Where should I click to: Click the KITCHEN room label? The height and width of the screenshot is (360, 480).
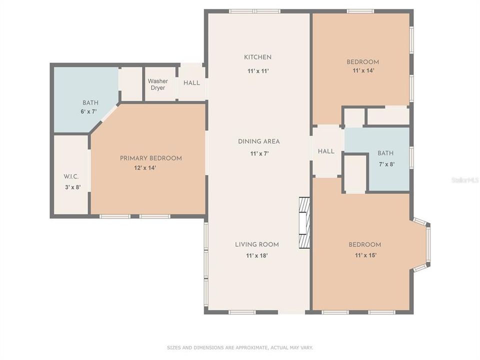click(257, 57)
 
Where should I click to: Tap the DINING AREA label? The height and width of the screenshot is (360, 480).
click(258, 141)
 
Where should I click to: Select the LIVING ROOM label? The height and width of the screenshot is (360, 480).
click(257, 244)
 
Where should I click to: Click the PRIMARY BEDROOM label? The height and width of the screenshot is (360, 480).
click(150, 158)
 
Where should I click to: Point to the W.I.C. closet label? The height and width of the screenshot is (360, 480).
click(71, 177)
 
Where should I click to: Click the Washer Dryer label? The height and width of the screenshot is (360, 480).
click(157, 84)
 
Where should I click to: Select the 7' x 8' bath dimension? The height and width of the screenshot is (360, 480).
click(385, 163)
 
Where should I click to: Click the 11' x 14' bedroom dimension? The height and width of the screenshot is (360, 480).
click(363, 71)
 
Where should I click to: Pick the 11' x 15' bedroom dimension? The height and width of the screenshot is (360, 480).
click(365, 255)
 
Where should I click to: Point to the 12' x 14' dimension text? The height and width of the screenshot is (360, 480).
click(145, 168)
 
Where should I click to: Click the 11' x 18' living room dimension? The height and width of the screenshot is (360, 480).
click(257, 255)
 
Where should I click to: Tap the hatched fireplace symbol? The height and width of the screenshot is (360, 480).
click(304, 222)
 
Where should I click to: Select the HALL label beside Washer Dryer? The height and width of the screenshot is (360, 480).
click(191, 83)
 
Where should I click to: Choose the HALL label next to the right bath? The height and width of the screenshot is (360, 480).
click(326, 151)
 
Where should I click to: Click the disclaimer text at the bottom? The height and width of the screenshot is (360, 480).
click(240, 347)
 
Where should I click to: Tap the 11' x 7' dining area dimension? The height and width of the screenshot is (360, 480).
click(259, 153)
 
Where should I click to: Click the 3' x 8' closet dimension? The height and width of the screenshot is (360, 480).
click(72, 187)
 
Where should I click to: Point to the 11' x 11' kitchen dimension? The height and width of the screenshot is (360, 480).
click(258, 71)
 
